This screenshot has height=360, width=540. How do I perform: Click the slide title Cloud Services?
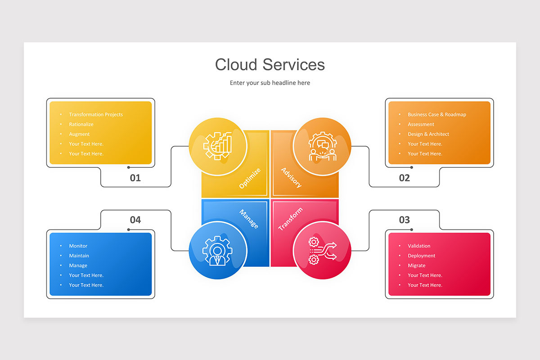click(270, 65)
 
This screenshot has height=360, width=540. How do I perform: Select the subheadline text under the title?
click(270, 83)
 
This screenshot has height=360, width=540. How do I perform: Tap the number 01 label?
click(135, 178)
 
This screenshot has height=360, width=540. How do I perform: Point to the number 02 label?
click(404, 178)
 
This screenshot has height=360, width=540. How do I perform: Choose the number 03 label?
click(404, 220)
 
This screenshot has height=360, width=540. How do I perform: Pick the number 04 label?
click(135, 220)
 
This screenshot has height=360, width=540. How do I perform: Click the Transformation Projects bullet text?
click(96, 115)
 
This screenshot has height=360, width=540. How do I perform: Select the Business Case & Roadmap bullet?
click(437, 115)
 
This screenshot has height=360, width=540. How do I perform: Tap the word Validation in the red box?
click(419, 246)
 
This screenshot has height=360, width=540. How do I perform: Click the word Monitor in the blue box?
click(78, 246)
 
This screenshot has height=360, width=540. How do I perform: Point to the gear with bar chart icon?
click(217, 146)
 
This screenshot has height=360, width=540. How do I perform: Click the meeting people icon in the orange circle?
click(323, 146)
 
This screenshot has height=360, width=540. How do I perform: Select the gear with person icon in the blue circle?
click(217, 251)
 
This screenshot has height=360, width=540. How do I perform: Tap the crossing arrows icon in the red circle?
click(323, 251)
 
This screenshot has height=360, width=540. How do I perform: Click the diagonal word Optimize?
click(250, 178)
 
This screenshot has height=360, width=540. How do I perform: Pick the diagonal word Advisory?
click(292, 178)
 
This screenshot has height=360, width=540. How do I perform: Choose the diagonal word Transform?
click(290, 219)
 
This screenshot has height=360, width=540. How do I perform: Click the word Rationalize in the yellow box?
click(81, 124)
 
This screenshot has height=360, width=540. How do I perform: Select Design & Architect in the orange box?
click(428, 134)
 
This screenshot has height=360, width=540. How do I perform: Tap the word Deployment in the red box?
click(421, 256)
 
